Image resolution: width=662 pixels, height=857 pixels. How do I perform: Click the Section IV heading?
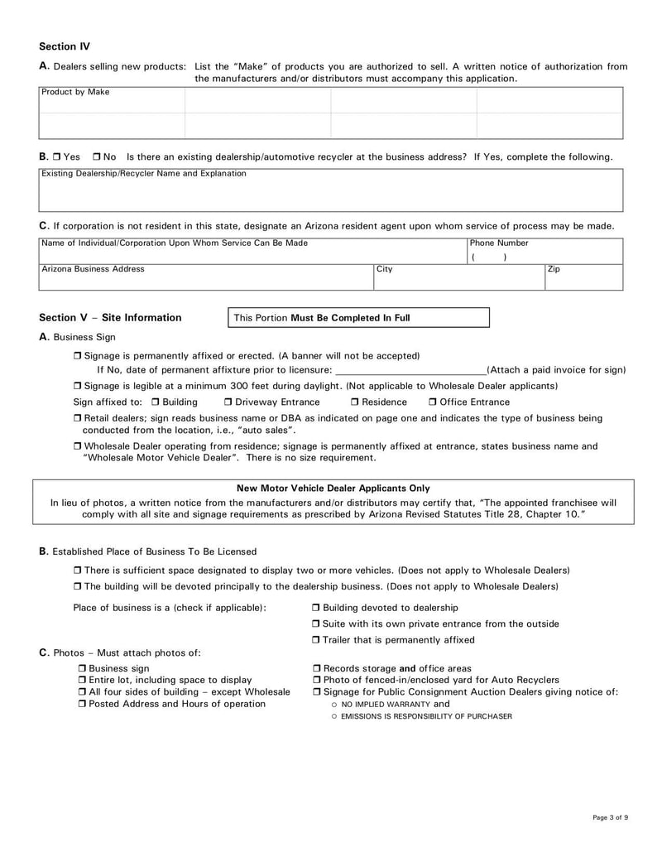tap(65, 46)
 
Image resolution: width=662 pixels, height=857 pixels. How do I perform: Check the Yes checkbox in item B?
tap(55, 156)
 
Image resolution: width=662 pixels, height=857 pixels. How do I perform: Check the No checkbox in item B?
tap(98, 156)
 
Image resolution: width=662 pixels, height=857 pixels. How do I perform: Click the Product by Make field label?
tap(75, 92)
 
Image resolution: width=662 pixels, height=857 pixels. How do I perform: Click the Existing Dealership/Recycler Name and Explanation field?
tap(330, 195)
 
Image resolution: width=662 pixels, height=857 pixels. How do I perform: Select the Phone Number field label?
tap(499, 243)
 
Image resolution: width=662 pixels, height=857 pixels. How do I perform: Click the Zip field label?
tap(554, 269)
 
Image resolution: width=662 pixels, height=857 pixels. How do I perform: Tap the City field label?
tap(384, 269)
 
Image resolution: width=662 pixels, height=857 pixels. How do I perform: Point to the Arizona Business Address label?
tap(93, 269)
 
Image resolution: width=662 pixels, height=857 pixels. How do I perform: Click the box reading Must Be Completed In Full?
tap(357, 317)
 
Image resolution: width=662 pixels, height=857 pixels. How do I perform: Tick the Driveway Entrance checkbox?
tap(228, 402)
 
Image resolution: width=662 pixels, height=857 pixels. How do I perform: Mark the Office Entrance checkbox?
tap(433, 402)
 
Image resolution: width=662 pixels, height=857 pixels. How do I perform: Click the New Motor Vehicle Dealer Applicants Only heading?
tap(333, 489)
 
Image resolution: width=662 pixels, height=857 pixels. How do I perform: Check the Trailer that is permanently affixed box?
tap(316, 640)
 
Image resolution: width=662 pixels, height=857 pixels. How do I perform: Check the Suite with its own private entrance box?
tap(316, 623)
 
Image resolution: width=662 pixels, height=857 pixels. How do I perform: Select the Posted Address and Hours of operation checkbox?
tap(82, 704)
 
